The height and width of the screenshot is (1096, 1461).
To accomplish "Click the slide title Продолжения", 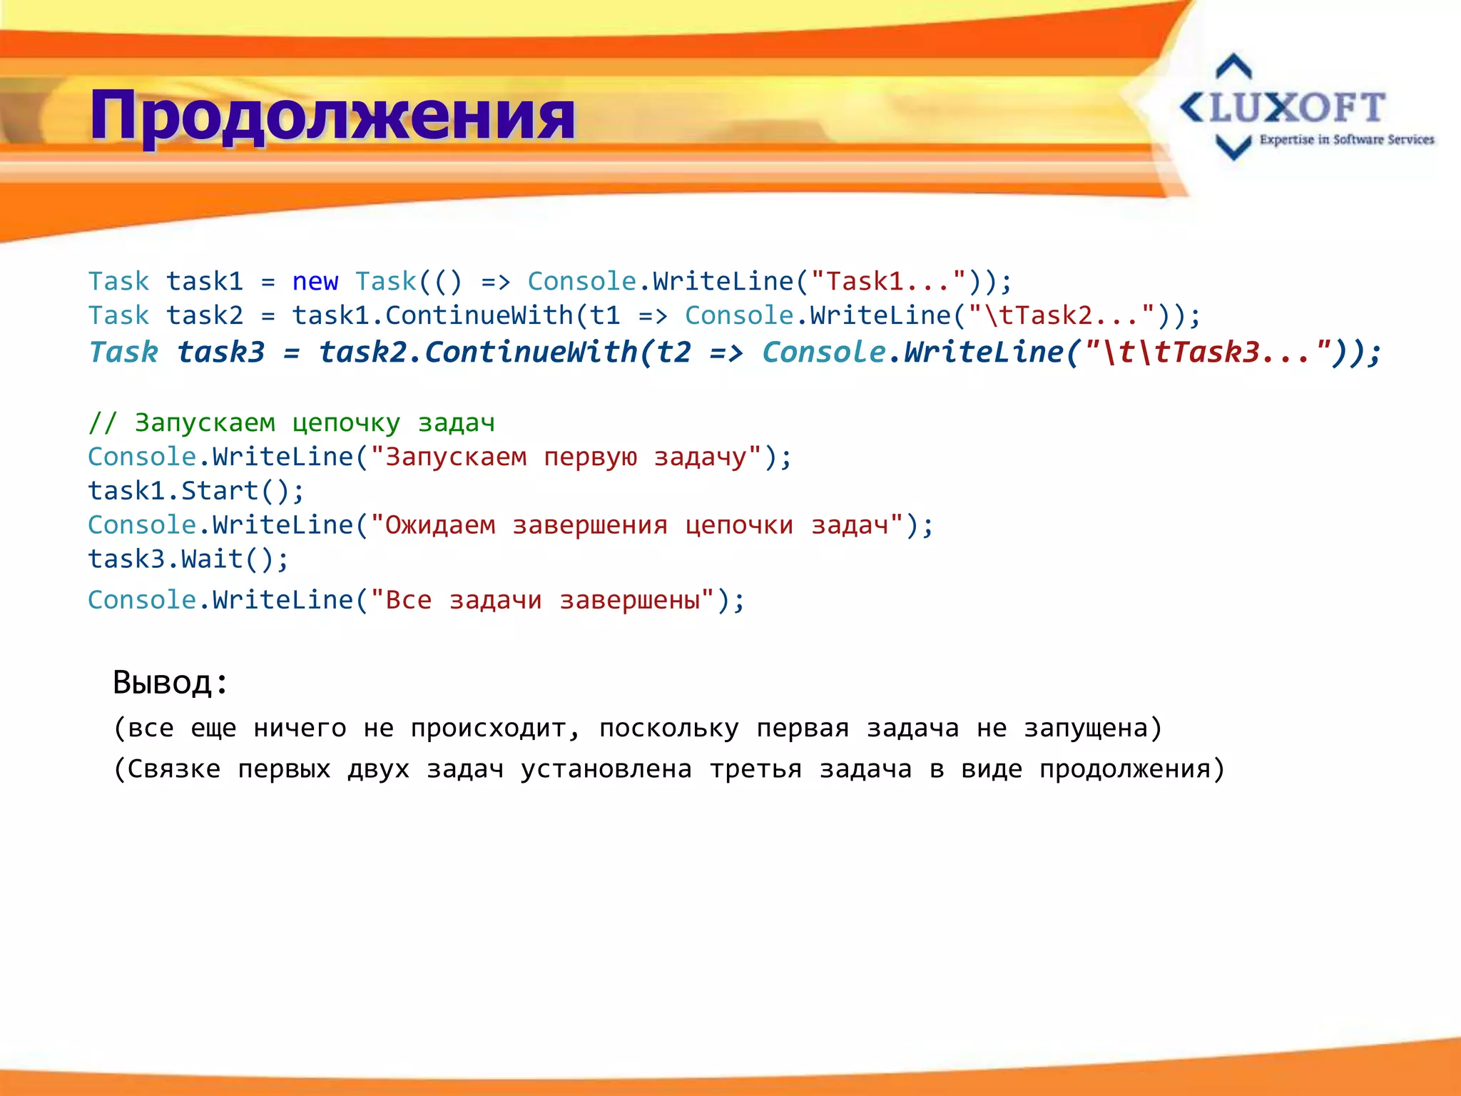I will tap(332, 116).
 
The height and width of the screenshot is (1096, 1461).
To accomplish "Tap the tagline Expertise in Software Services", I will tap(1346, 140).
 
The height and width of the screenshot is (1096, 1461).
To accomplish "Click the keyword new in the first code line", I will tap(315, 282).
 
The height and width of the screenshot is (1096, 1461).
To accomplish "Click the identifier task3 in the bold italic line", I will tap(220, 352).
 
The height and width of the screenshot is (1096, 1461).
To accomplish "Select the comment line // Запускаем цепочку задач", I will tap(291, 422).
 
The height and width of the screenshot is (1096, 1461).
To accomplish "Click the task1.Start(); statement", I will tap(195, 491).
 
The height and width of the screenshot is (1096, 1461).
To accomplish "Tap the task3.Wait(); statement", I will tap(188, 559).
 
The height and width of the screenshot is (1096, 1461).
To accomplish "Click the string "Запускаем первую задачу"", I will tap(566, 457).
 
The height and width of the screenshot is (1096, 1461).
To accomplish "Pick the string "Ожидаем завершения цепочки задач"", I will tap(637, 525).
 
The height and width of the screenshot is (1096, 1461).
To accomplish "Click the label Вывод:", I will tap(170, 683).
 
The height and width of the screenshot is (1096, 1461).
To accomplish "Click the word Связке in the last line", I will tap(173, 769).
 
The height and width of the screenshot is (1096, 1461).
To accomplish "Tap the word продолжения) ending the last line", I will tap(1132, 769).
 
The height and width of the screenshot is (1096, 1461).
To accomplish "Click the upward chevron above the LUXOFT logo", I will tap(1233, 66).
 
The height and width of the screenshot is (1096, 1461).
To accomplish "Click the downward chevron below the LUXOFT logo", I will tap(1233, 147).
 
